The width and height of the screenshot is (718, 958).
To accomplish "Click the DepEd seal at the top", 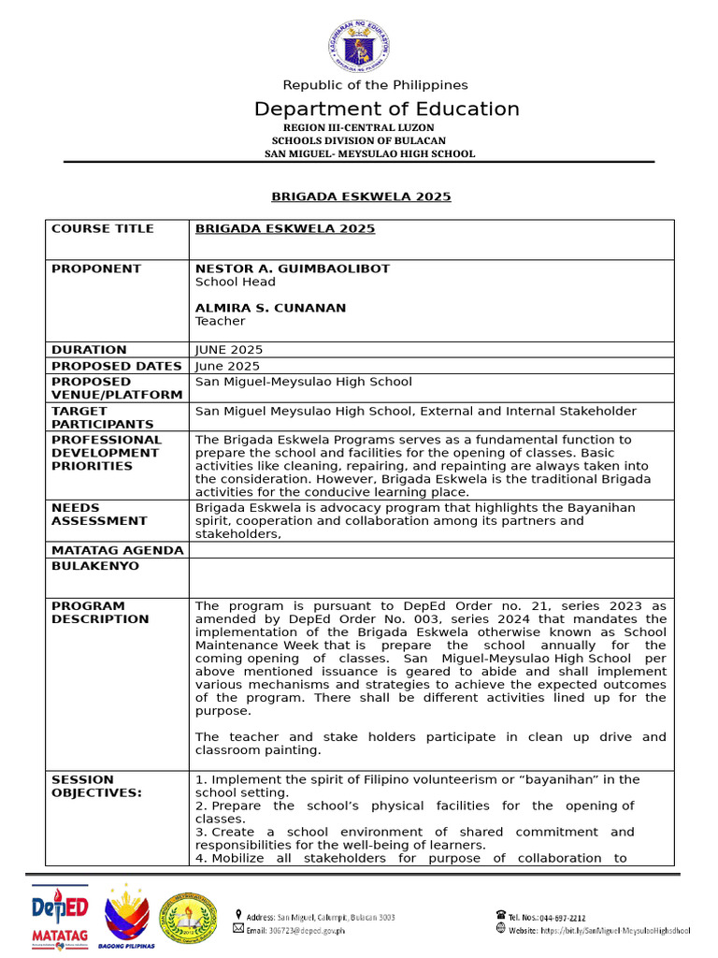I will (x=359, y=45).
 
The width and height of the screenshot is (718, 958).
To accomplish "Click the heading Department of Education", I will (x=386, y=109).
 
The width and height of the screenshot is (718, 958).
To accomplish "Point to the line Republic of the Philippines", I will (x=376, y=85).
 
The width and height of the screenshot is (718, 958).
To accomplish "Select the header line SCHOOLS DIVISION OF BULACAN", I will (x=358, y=140).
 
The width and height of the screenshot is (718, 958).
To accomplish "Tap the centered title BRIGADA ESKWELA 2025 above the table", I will (x=361, y=196).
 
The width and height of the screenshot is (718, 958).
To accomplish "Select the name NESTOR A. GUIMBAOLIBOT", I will (x=293, y=269).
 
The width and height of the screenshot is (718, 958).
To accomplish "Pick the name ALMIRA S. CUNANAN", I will (x=270, y=308).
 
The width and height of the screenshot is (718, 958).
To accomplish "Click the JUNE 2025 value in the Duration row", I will (x=229, y=350).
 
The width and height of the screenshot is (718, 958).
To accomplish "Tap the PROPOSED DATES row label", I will (x=117, y=366).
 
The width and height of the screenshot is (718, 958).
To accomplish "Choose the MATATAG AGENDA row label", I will (x=117, y=550).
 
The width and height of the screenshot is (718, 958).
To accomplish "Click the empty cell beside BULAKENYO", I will (x=430, y=577).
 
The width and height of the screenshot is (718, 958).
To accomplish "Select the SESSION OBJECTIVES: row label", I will (x=96, y=786).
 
